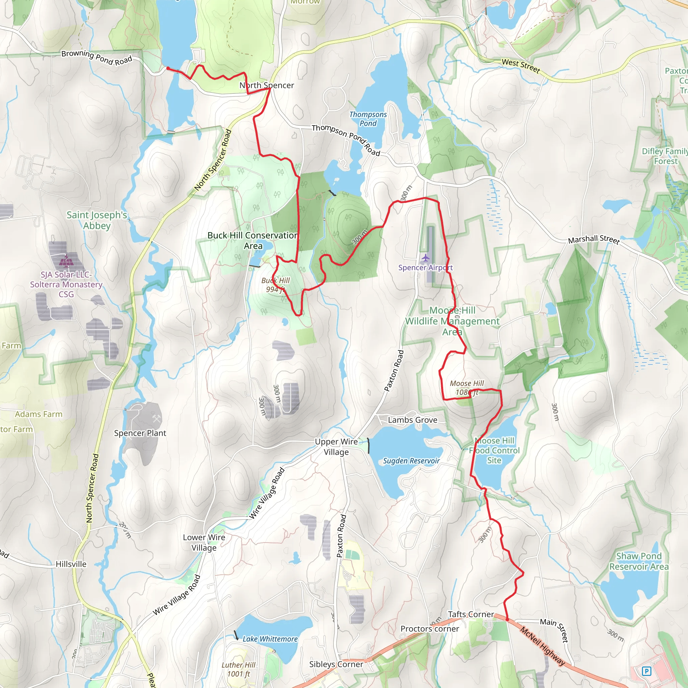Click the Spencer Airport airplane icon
pyautogui.click(x=426, y=257)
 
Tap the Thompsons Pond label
pyautogui.click(x=368, y=119)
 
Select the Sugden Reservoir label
pyautogui.click(x=411, y=461)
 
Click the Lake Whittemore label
pyautogui.click(x=270, y=639)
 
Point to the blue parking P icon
pyautogui.click(x=646, y=671)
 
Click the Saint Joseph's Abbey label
pyautogui.click(x=97, y=220)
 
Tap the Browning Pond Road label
pyautogui.click(x=97, y=58)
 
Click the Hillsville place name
pyautogui.click(x=71, y=564)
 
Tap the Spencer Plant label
pyautogui.click(x=140, y=433)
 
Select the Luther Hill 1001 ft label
pyautogui.click(x=239, y=669)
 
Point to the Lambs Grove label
pyautogui.click(x=413, y=420)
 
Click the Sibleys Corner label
pyautogui.click(x=336, y=664)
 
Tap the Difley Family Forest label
pyautogui.click(x=664, y=156)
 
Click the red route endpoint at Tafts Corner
pyautogui.click(x=507, y=619)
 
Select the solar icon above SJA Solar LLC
pyautogui.click(x=66, y=261)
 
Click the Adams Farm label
pyautogui.click(x=38, y=414)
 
